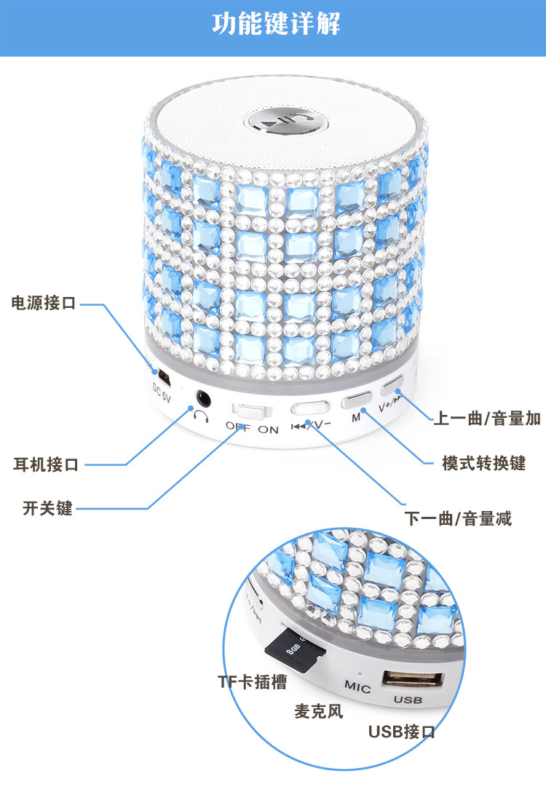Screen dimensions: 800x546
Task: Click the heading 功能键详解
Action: pos(276,25)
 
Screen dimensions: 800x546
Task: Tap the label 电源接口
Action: pos(44,303)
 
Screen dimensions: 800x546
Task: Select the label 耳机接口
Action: pos(46,464)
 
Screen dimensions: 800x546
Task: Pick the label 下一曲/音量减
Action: pos(458,518)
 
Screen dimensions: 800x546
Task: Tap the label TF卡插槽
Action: pos(252,681)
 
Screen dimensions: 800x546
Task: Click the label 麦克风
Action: pos(318,710)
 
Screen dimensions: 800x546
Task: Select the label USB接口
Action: pos(401,732)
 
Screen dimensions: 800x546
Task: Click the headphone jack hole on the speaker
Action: pos(203,397)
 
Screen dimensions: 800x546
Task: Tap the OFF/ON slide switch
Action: pos(248,410)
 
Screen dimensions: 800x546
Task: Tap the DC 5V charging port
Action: pos(165,378)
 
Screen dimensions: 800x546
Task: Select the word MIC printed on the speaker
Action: pos(357,688)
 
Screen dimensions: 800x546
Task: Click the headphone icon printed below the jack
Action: pos(201,416)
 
